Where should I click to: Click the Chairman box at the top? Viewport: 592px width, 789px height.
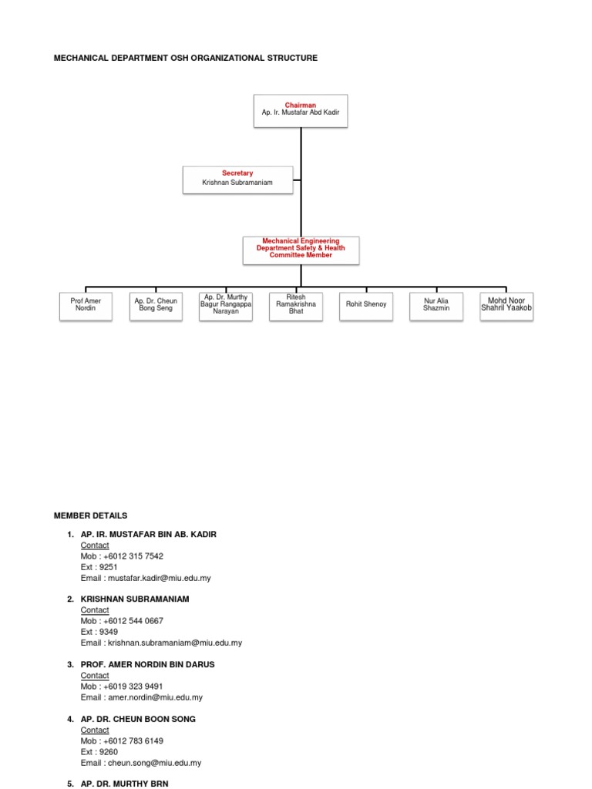[301, 109]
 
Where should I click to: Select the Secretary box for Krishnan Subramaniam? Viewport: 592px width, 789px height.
[237, 179]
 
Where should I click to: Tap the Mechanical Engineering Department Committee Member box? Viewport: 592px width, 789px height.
[301, 250]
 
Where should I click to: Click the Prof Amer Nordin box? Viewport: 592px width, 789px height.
[86, 304]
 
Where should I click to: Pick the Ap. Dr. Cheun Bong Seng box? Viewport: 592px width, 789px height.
[155, 304]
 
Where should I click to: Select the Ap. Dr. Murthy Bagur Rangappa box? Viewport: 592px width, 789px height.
[225, 304]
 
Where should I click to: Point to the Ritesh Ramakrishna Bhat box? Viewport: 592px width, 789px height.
[296, 304]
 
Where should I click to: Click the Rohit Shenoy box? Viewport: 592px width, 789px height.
[366, 304]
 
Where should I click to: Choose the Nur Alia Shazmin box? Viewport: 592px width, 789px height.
[436, 304]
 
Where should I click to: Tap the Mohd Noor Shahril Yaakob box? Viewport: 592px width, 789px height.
[506, 304]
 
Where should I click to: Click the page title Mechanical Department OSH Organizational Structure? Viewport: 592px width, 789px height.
[185, 58]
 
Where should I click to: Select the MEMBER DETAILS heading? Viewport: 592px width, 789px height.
[90, 515]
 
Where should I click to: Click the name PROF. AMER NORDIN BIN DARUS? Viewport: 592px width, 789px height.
[147, 664]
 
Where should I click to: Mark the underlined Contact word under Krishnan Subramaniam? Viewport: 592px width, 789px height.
[95, 609]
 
